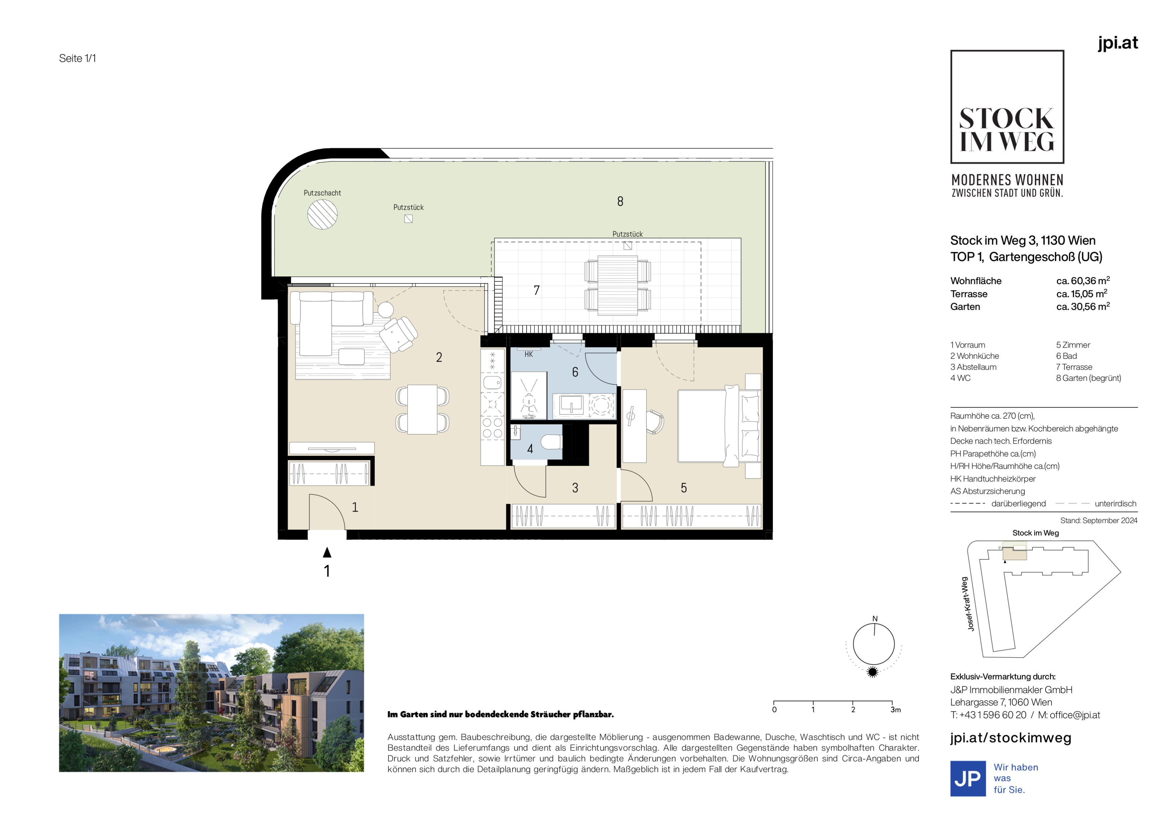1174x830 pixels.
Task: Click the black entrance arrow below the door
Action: [327, 552]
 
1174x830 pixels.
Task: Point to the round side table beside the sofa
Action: [385, 309]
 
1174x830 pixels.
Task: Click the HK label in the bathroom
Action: [529, 354]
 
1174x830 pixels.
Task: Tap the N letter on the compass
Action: [875, 618]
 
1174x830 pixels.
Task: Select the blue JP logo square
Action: [968, 778]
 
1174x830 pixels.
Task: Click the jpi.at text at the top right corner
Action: [1118, 43]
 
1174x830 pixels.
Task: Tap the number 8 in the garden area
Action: [620, 202]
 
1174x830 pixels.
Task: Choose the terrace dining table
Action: [618, 286]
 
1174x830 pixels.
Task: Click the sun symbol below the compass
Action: [873, 672]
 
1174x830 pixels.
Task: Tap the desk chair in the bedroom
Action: [654, 421]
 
